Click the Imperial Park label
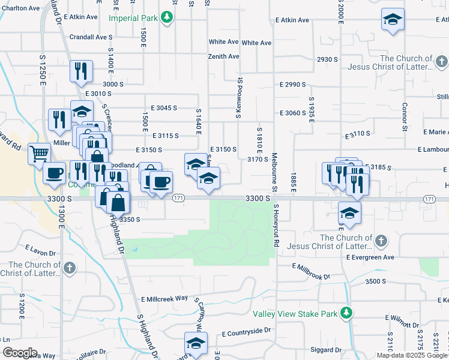point(133,18)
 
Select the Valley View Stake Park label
point(294,313)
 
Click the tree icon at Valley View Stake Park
point(346,313)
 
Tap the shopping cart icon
point(39,154)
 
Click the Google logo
point(20,352)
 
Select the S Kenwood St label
point(238,97)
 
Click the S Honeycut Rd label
point(277,227)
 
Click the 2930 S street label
point(328,59)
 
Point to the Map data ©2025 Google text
point(412,355)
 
